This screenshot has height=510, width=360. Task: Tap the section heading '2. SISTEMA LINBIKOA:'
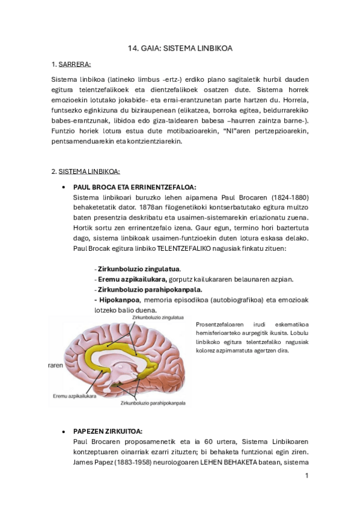pyautogui.click(x=86, y=171)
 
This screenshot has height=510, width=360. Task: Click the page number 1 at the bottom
pyautogui.click(x=307, y=475)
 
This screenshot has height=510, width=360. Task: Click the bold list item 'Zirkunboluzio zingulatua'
pyautogui.click(x=139, y=268)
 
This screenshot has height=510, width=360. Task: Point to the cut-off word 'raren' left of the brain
pyautogui.click(x=56, y=365)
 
